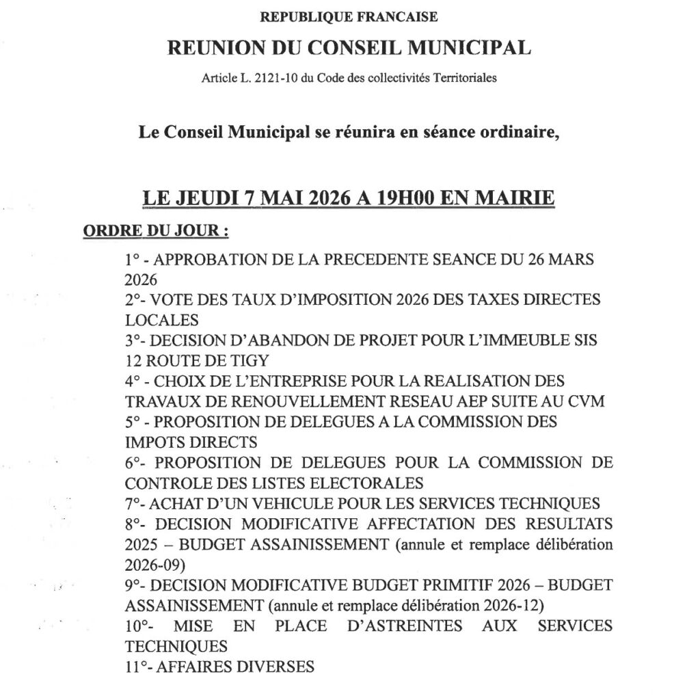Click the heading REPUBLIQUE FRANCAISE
point(349,16)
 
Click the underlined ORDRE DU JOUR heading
point(155,231)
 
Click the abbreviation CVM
point(587,401)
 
